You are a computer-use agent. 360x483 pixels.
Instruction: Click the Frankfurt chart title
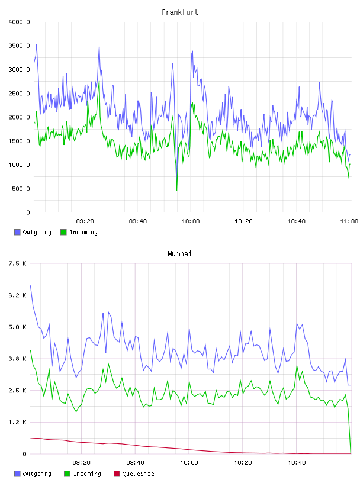(x=180, y=12)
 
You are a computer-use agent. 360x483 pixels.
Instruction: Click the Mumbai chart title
(x=179, y=253)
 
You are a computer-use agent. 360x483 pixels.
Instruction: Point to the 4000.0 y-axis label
(x=19, y=22)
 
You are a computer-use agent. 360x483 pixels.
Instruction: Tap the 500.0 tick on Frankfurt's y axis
(x=21, y=188)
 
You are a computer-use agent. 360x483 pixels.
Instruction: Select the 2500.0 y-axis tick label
(x=19, y=94)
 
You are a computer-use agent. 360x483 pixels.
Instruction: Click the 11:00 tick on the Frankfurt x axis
(x=349, y=221)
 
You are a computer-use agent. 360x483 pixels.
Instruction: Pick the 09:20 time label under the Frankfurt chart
(x=85, y=221)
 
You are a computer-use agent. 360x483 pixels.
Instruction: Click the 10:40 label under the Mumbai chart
(x=297, y=462)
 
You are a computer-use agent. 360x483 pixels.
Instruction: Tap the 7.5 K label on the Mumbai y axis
(x=17, y=263)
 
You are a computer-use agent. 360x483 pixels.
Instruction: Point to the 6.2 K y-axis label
(x=17, y=295)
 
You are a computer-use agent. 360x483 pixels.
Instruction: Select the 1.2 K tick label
(x=17, y=422)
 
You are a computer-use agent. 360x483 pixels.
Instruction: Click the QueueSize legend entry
(x=138, y=474)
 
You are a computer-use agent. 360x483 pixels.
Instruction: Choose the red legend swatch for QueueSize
(x=117, y=474)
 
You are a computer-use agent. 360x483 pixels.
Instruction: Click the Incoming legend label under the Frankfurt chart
(x=83, y=232)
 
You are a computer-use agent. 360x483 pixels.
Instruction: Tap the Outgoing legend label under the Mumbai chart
(x=37, y=474)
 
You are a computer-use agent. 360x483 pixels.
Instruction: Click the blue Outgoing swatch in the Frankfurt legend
(x=17, y=232)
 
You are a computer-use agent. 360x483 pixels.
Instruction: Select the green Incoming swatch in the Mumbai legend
(x=67, y=474)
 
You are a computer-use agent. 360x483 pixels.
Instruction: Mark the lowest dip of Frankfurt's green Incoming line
(x=176, y=191)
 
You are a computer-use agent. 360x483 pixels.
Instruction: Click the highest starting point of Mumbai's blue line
(x=30, y=285)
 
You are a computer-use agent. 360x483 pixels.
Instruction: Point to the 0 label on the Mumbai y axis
(x=25, y=454)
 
